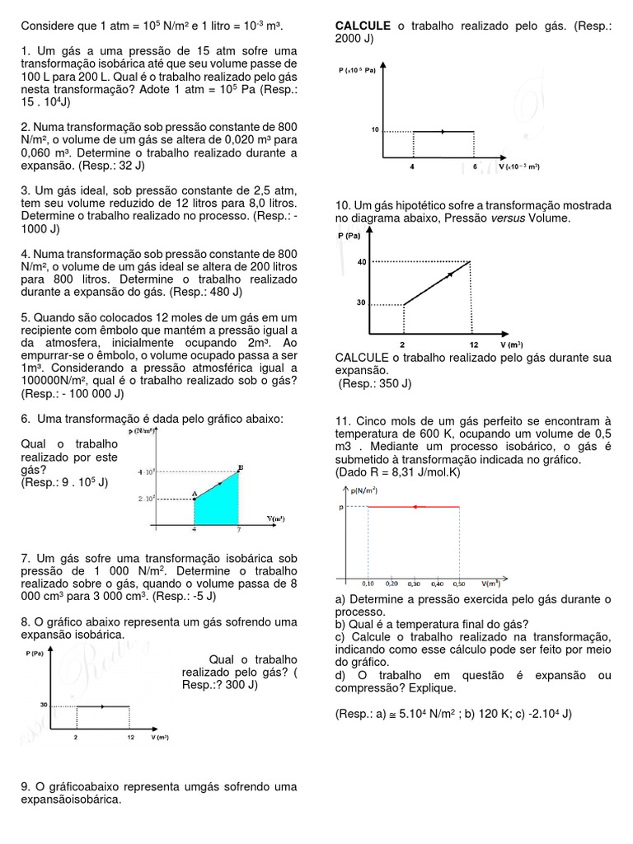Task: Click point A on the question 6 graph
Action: [x=194, y=495]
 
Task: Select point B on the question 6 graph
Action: [x=240, y=468]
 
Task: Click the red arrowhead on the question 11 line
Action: [x=415, y=507]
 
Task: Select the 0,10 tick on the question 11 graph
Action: [x=368, y=583]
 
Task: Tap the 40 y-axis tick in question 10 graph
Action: [x=361, y=262]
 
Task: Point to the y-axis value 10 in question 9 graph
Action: [x=374, y=130]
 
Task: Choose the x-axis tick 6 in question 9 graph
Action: [x=474, y=166]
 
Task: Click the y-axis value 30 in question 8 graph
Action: [x=43, y=705]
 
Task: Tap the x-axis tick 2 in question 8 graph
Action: [x=76, y=738]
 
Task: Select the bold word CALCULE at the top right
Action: [x=363, y=26]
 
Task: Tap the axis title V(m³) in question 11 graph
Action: [x=493, y=583]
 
